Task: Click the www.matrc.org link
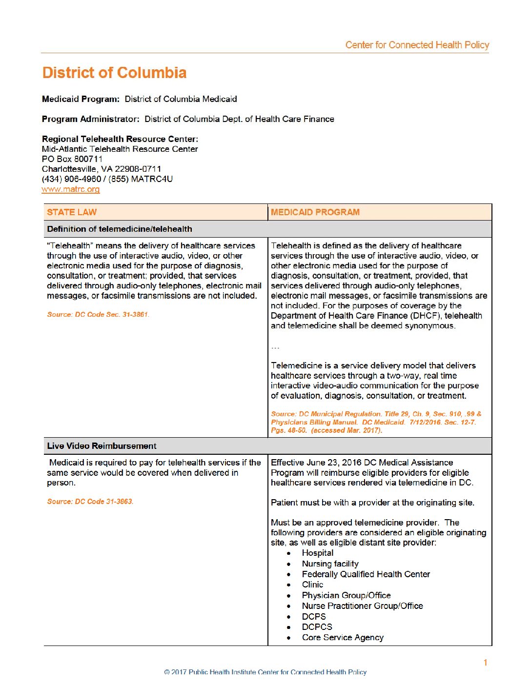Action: pos(71,189)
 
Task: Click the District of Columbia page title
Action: pos(114,73)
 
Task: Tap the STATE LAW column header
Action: pos(72,212)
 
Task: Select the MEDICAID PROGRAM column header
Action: pos(315,212)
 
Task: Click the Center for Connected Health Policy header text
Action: pos(417,45)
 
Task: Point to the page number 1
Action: pos(485,662)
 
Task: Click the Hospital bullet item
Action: pos(317,553)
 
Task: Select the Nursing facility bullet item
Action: pos(330,564)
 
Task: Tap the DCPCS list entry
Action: pos(317,627)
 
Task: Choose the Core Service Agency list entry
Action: pos(343,638)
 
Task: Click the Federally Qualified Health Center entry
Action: pos(366,574)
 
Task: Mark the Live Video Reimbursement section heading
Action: pos(102,446)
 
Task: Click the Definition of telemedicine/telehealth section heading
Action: pos(120,229)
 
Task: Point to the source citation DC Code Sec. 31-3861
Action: pos(98,315)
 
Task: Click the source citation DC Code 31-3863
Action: pos(90,502)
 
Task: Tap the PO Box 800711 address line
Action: pos(72,159)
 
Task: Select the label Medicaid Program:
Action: pos(81,99)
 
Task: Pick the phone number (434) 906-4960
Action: pos(72,179)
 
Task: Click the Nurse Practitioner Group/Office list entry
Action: pos(362,606)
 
